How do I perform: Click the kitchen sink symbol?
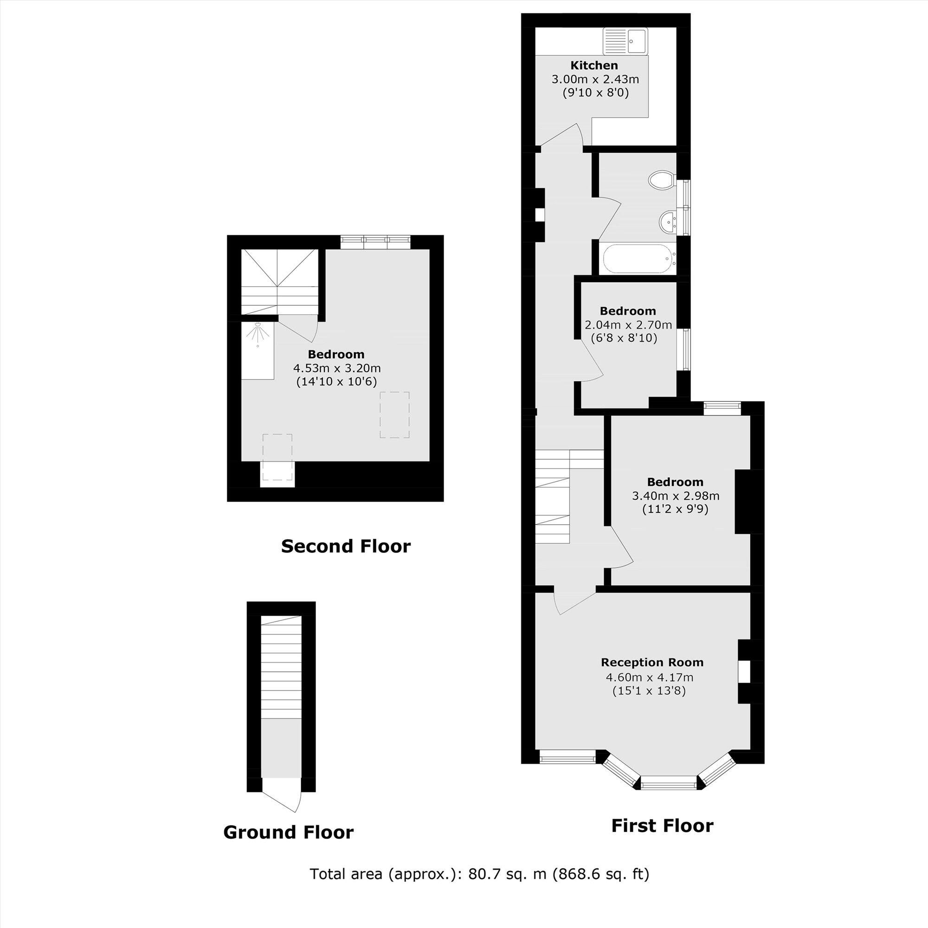[x=625, y=41]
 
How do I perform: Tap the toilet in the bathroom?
[x=661, y=180]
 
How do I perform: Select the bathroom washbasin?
[x=668, y=222]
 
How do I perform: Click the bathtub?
[x=639, y=259]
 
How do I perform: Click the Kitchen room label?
[x=594, y=65]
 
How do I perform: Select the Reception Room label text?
[x=652, y=663]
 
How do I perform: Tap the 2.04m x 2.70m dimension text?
[x=628, y=325]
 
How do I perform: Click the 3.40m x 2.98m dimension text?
[x=675, y=496]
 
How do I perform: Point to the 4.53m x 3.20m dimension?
[x=337, y=368]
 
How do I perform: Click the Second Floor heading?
[x=345, y=546]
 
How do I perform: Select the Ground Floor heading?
[x=288, y=832]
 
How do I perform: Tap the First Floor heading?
[x=662, y=825]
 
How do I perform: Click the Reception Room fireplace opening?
[x=743, y=671]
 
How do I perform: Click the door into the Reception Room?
[x=575, y=602]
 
